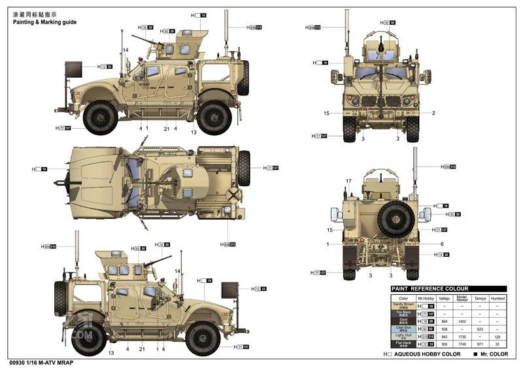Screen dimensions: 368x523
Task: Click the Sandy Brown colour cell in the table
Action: pos(403,305)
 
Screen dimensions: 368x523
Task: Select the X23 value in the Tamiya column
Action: pos(479,329)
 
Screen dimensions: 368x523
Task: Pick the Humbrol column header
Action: pos(498,297)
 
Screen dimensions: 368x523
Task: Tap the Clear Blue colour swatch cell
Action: pos(403,329)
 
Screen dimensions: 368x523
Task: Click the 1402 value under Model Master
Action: pos(462,321)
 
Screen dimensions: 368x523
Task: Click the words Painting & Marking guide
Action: pos(44,22)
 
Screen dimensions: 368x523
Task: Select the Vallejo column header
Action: pos(444,297)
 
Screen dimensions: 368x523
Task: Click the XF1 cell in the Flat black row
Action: pos(479,344)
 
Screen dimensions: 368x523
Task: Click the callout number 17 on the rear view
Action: pos(348,181)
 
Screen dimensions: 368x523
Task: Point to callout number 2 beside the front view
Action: pos(433,113)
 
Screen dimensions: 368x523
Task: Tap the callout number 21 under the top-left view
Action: pos(166,128)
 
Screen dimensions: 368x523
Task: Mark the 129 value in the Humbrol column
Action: pos(498,337)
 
